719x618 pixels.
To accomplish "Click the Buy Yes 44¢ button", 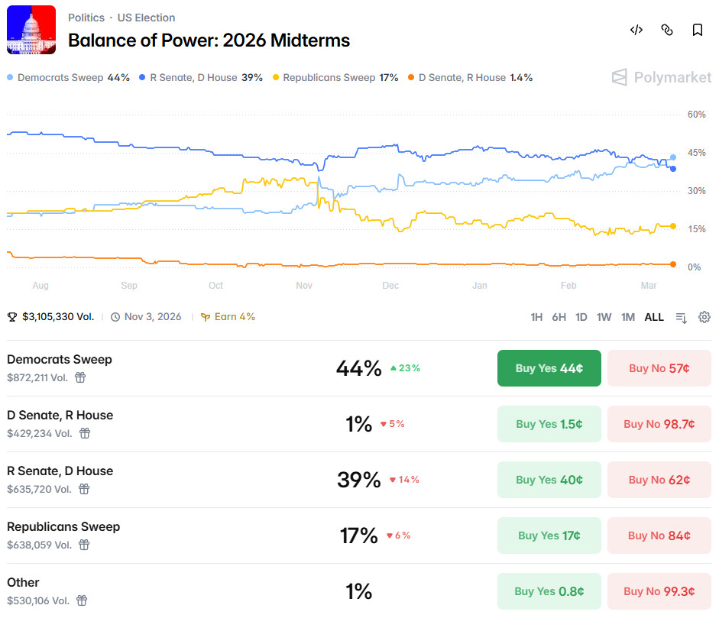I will click(x=549, y=368).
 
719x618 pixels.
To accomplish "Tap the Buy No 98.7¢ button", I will click(x=659, y=424).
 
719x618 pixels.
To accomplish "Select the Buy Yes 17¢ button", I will click(x=549, y=535).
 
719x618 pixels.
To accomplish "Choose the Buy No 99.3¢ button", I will click(x=659, y=591).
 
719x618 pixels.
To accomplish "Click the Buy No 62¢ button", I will click(x=659, y=480).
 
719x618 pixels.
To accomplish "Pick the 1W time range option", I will click(x=604, y=317).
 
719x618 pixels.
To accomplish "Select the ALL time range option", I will click(x=654, y=317).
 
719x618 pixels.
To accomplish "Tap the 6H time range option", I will click(x=559, y=317).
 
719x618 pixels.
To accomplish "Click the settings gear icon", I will click(x=704, y=317).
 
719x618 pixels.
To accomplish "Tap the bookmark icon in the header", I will click(x=698, y=30).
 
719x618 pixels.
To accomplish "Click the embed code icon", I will click(x=636, y=30).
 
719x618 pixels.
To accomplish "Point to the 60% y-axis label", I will click(x=696, y=115).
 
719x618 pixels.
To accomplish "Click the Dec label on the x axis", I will click(x=390, y=286).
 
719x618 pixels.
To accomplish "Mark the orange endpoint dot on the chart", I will click(x=673, y=264).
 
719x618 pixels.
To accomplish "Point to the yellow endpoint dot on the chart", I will click(x=673, y=226).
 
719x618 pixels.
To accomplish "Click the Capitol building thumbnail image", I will click(x=31, y=30).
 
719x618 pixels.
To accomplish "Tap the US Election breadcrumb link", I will click(x=146, y=18).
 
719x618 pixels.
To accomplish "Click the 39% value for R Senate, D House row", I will click(x=358, y=480).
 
